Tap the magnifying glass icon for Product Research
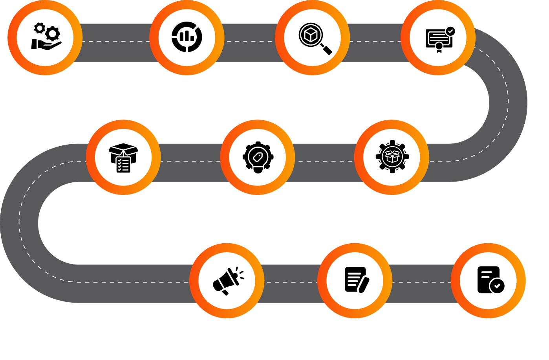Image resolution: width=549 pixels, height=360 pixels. [x=314, y=38]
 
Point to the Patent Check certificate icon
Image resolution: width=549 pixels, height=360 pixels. [x=439, y=39]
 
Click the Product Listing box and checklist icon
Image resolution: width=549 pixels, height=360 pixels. [x=123, y=158]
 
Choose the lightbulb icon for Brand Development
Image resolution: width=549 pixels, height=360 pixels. [x=258, y=158]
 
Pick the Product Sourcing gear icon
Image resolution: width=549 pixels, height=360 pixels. [x=392, y=157]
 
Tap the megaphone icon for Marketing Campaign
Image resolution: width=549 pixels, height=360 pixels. [x=227, y=280]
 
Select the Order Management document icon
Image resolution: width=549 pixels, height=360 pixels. [x=490, y=280]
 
